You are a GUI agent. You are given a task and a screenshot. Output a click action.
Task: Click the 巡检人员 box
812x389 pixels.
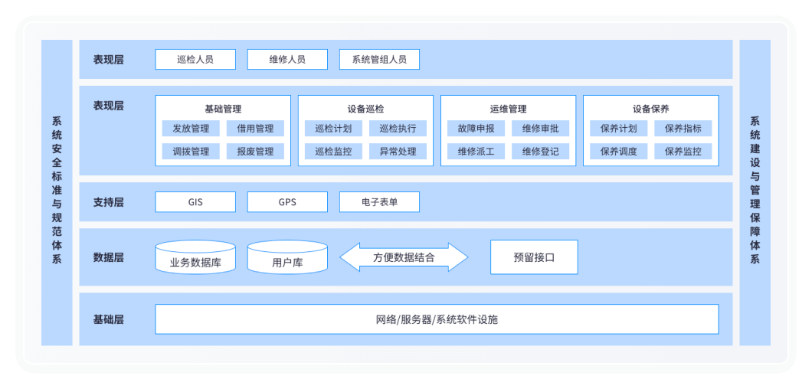pyautogui.click(x=195, y=59)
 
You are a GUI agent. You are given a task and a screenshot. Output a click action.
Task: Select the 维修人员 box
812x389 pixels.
pyautogui.click(x=287, y=59)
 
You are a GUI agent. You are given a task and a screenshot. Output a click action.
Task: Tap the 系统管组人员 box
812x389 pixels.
pyautogui.click(x=379, y=59)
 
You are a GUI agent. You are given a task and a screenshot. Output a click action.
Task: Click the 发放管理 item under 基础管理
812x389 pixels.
pyautogui.click(x=191, y=128)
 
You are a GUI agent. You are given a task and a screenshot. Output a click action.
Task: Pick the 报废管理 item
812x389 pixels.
pyautogui.click(x=255, y=151)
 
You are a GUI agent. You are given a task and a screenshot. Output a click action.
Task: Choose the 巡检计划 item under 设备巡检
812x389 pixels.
pyautogui.click(x=333, y=128)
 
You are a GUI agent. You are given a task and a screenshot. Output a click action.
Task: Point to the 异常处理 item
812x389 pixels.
pyautogui.click(x=398, y=151)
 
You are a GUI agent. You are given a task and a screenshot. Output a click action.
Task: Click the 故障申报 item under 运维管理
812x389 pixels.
pyautogui.click(x=476, y=128)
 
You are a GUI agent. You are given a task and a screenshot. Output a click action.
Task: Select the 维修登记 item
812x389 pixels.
pyautogui.click(x=540, y=151)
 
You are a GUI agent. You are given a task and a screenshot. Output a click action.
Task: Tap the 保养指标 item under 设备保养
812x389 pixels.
pyautogui.click(x=683, y=128)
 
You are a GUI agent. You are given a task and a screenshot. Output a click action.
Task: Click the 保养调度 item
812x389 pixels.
pyautogui.click(x=618, y=151)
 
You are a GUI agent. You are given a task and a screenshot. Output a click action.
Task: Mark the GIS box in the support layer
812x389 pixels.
pyautogui.click(x=195, y=202)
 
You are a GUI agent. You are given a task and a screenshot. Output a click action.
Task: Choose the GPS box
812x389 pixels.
pyautogui.click(x=287, y=202)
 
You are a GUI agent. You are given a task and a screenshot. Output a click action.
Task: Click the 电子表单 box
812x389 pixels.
pyautogui.click(x=379, y=202)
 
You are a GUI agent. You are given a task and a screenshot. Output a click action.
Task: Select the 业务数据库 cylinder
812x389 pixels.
pyautogui.click(x=195, y=258)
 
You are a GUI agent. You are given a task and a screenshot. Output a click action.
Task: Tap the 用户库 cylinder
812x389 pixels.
pyautogui.click(x=287, y=258)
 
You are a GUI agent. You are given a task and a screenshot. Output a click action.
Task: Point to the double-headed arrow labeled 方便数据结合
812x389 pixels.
pyautogui.click(x=404, y=257)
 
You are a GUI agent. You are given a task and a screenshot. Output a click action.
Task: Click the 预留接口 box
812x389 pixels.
pyautogui.click(x=534, y=257)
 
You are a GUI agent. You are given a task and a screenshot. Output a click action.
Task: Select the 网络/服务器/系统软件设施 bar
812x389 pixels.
pyautogui.click(x=437, y=319)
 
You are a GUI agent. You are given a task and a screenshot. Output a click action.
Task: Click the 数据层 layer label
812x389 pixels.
pyautogui.click(x=108, y=257)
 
